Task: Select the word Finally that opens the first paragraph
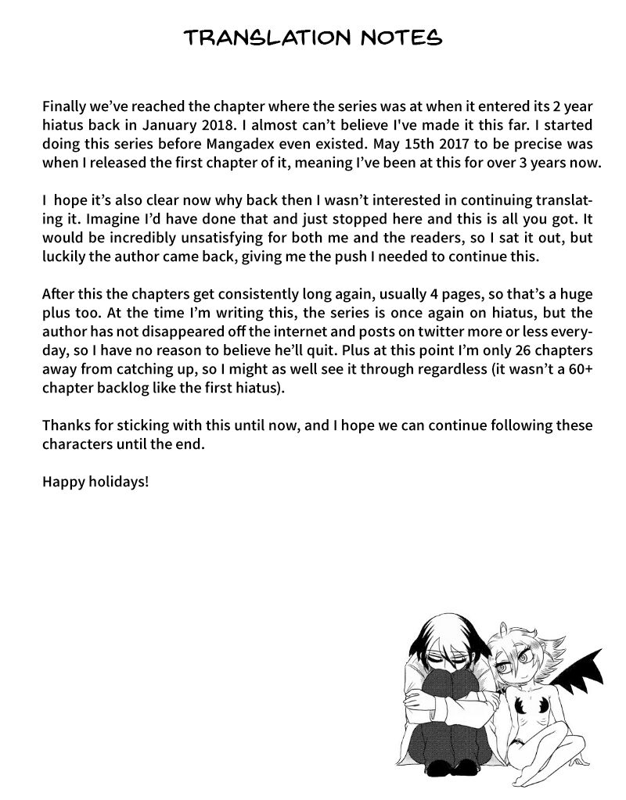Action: (65, 106)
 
